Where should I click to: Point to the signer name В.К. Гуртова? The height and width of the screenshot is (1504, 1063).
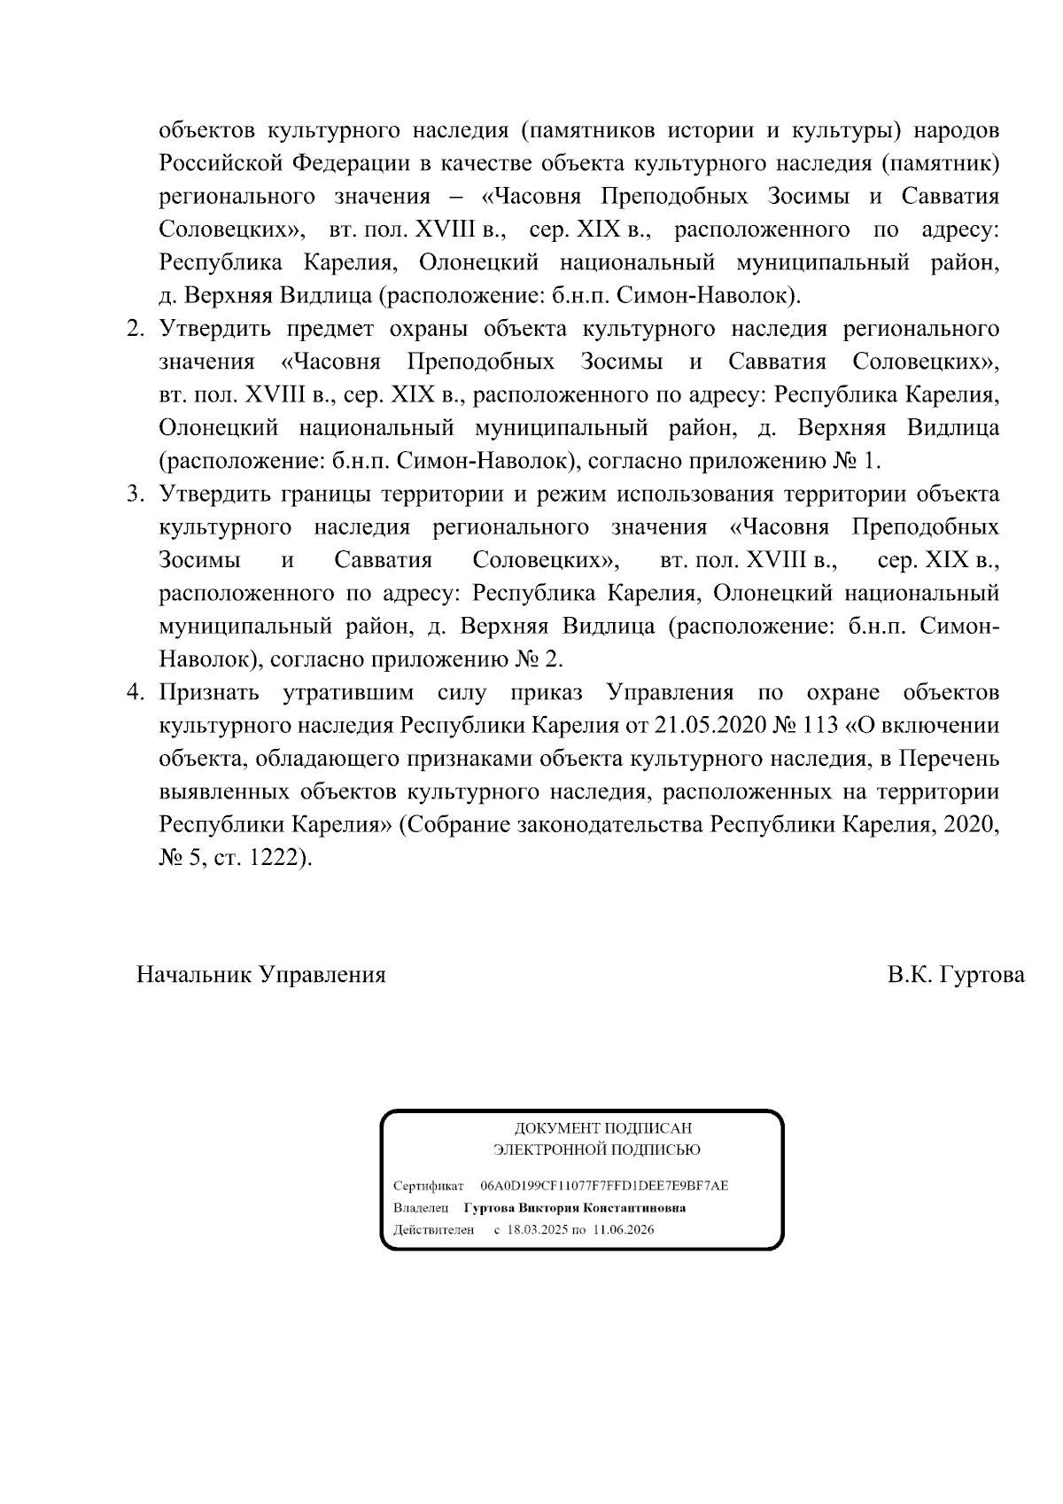(957, 975)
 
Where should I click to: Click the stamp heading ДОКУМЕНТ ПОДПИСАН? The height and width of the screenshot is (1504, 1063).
(603, 1128)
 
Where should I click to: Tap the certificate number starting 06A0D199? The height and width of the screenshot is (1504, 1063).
(604, 1186)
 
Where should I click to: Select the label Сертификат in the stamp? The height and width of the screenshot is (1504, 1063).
(428, 1186)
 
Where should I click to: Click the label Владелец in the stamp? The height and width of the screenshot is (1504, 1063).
(421, 1208)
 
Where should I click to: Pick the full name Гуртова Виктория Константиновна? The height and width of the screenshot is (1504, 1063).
(574, 1208)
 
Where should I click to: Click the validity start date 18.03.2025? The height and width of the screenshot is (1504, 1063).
(537, 1230)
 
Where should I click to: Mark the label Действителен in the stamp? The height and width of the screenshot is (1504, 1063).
(433, 1230)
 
